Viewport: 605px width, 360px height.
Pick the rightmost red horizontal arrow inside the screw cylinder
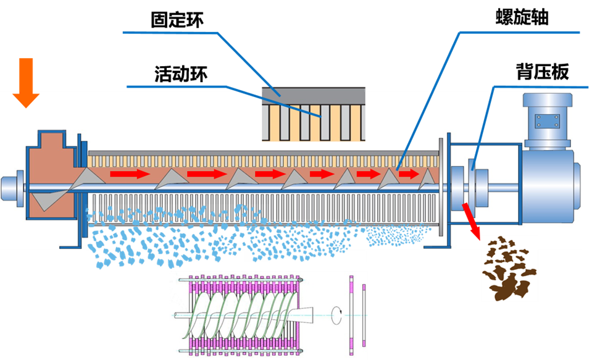click(x=408, y=174)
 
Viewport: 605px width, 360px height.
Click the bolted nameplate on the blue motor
click(x=546, y=120)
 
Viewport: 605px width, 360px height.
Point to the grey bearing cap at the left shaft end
click(x=10, y=187)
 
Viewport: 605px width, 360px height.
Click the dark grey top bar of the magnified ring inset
click(x=313, y=93)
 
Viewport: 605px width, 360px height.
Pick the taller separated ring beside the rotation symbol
click(x=351, y=311)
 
